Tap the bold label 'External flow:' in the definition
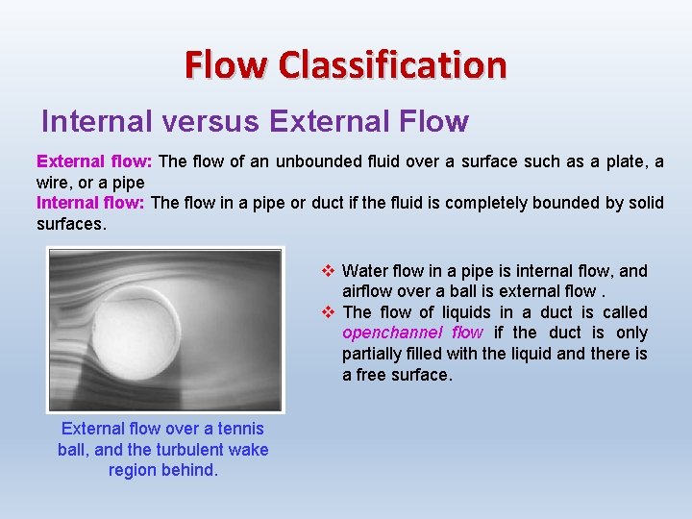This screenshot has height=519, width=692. click(x=94, y=161)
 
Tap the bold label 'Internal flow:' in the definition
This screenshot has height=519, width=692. click(x=90, y=203)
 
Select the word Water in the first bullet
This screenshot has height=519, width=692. click(x=364, y=271)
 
